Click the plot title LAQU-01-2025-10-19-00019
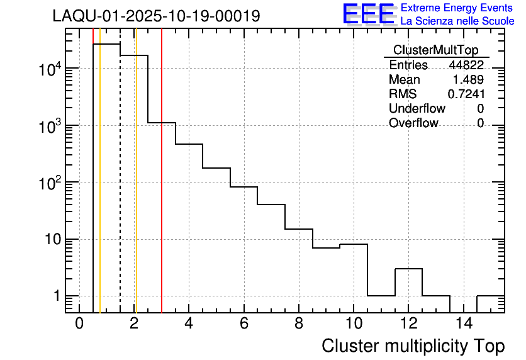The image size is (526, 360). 156,16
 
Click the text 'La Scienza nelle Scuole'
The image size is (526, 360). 457,21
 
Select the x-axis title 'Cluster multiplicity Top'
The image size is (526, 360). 413,346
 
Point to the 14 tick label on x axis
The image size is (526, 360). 463,324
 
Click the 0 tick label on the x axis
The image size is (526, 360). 79,324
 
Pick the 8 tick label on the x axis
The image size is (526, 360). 299,324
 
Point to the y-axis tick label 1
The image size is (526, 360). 55,296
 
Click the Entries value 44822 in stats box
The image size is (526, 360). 466,65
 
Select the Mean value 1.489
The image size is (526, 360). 468,80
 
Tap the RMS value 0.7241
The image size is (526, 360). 466,94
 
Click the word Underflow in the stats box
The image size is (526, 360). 417,108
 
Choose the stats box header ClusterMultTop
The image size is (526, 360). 435,50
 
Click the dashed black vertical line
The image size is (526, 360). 120,189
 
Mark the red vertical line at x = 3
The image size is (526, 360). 162,189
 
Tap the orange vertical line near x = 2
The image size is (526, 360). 136,189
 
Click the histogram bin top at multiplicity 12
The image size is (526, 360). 409,269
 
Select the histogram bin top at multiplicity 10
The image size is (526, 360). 354,244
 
